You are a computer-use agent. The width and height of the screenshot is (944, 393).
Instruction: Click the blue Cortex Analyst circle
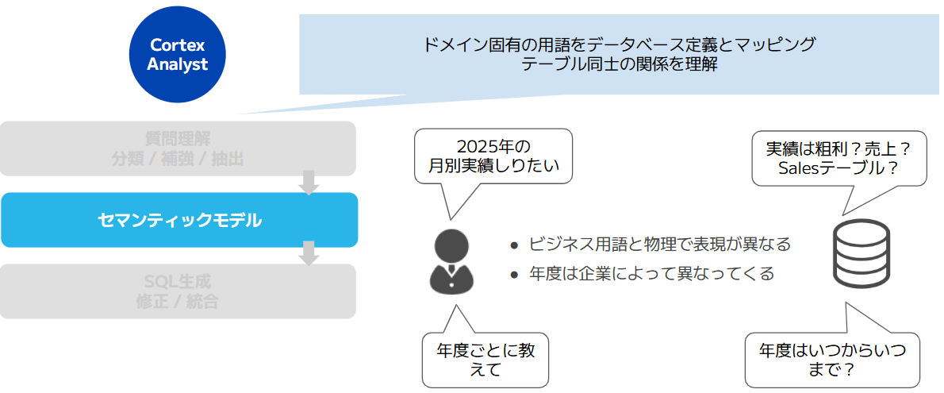click(x=178, y=54)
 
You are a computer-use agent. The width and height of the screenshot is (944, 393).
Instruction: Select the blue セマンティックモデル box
click(x=179, y=220)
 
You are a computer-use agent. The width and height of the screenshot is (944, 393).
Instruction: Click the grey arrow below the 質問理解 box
click(x=309, y=183)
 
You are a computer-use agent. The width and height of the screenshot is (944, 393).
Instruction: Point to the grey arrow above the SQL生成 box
click(x=309, y=254)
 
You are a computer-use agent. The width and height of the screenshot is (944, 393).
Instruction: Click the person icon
click(x=451, y=261)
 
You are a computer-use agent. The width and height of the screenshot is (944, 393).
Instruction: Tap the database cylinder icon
click(x=861, y=254)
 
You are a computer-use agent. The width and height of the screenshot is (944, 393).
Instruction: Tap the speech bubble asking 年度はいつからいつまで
click(x=832, y=359)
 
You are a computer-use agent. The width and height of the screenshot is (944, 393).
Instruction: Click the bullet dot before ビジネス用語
click(x=514, y=246)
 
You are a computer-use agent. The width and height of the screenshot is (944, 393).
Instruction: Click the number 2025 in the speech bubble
click(x=478, y=147)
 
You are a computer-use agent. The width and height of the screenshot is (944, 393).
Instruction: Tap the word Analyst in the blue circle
click(x=178, y=64)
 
